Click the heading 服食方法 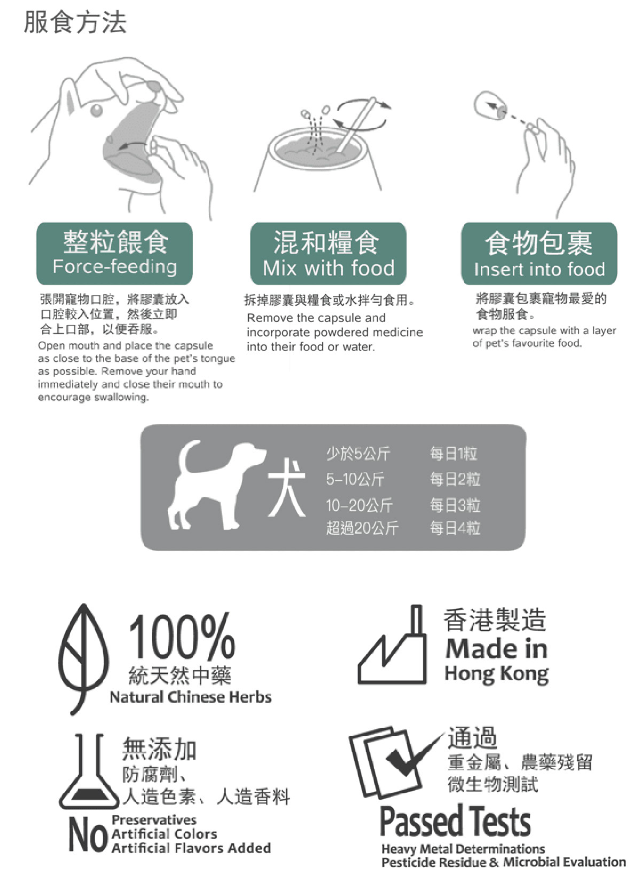(75, 22)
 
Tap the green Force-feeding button (114, 253)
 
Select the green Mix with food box (328, 253)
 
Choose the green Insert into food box (539, 253)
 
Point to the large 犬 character (287, 487)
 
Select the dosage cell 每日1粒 (454, 453)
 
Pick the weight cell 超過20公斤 (362, 527)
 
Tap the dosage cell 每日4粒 (455, 527)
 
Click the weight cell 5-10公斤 (355, 479)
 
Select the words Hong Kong (496, 674)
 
